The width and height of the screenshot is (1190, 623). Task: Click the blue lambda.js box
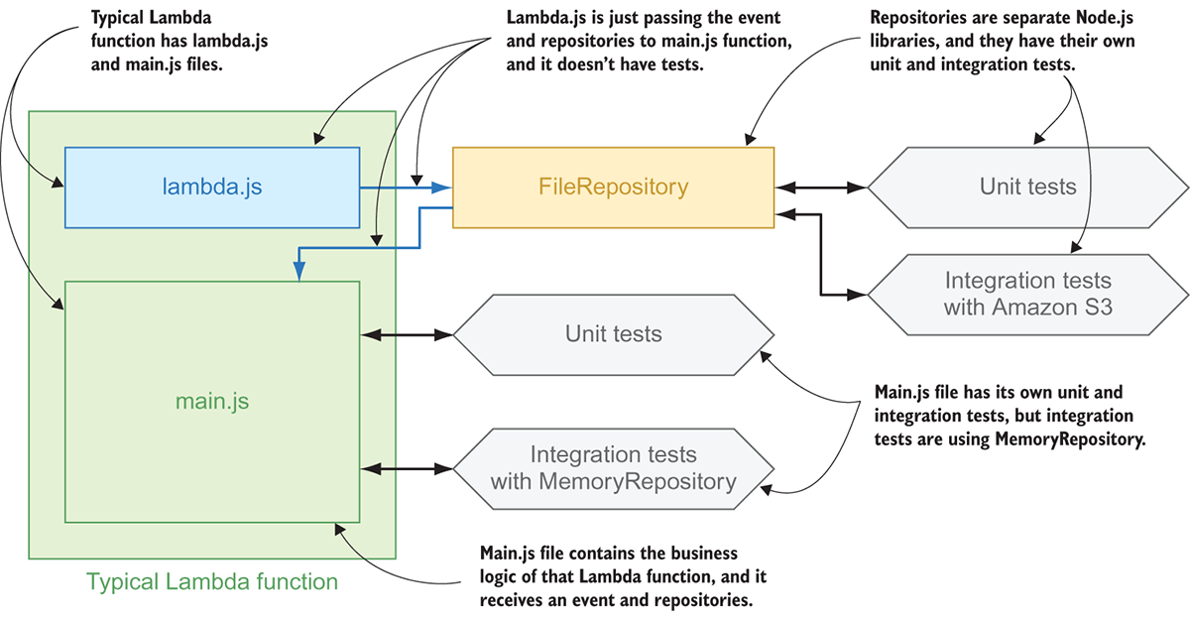pyautogui.click(x=211, y=187)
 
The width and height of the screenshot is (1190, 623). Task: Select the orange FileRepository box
pyautogui.click(x=613, y=187)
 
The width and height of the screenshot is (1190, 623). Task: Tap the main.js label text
pyautogui.click(x=211, y=402)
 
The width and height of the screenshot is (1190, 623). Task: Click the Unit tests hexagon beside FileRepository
pyautogui.click(x=1027, y=187)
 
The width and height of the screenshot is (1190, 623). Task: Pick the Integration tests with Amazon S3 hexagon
pyautogui.click(x=1027, y=294)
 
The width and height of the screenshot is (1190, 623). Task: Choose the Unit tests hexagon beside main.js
pyautogui.click(x=613, y=334)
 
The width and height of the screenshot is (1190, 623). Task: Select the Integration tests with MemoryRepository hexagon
pyautogui.click(x=613, y=468)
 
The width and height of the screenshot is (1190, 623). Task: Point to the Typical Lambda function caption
pyautogui.click(x=212, y=581)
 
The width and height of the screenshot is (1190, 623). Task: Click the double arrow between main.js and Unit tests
pyautogui.click(x=408, y=335)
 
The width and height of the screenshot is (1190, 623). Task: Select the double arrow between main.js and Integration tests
pyautogui.click(x=408, y=468)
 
